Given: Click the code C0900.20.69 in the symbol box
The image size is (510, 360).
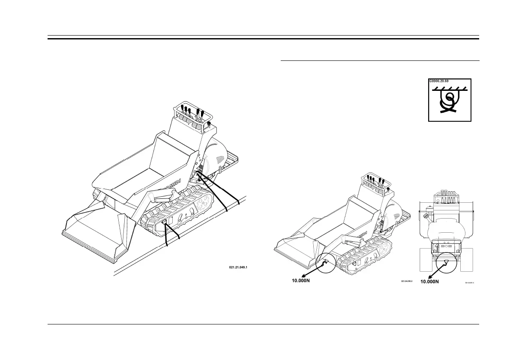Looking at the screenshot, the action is click(x=441, y=81).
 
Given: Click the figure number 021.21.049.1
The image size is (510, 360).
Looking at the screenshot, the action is click(x=239, y=267).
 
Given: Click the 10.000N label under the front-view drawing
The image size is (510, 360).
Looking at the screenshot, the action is click(x=434, y=282).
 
